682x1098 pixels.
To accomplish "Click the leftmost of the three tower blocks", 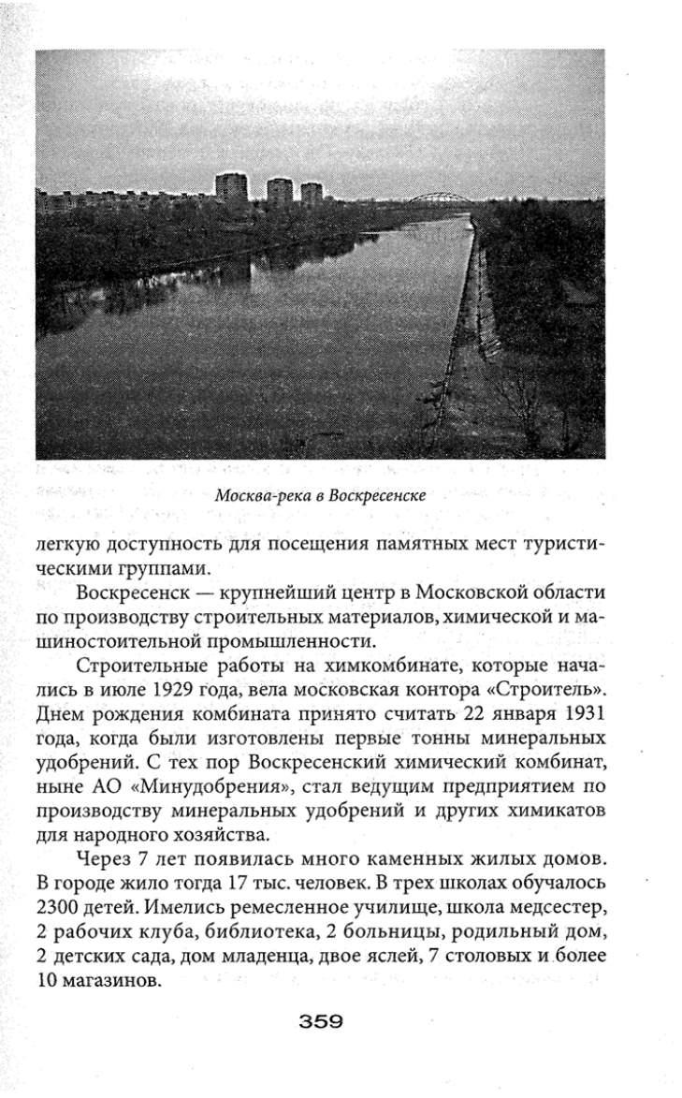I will click(x=231, y=188).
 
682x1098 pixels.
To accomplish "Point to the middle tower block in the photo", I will click(x=280, y=192).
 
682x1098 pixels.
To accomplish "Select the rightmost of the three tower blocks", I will click(x=312, y=194).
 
